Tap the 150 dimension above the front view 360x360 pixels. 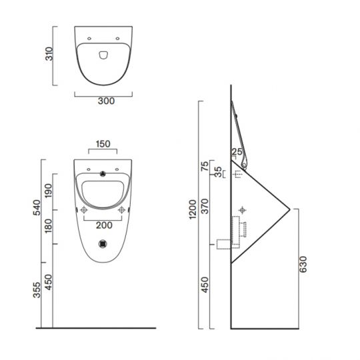pyautogui.click(x=103, y=143)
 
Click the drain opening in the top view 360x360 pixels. pyautogui.click(x=104, y=55)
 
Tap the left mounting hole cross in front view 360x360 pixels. pyautogui.click(x=85, y=210)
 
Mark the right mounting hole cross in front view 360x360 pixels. pyautogui.click(x=122, y=210)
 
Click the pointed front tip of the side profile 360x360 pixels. pyautogui.click(x=289, y=209)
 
